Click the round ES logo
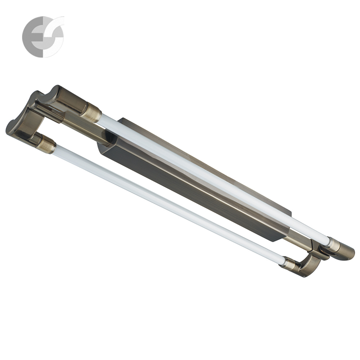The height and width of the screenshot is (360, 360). [43, 36]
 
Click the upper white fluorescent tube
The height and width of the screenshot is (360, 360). [211, 175]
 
